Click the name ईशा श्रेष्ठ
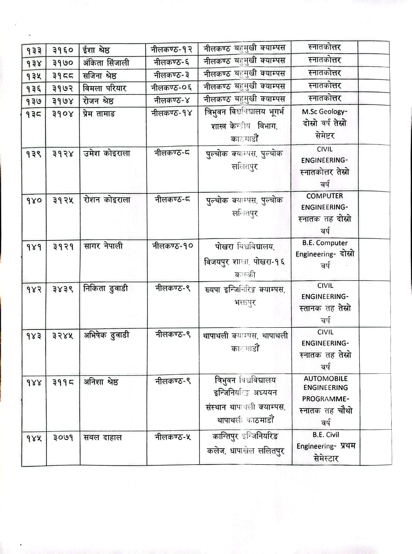click(96, 50)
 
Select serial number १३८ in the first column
click(34, 114)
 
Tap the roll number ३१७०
click(63, 63)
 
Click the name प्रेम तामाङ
click(99, 114)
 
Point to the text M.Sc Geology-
click(325, 112)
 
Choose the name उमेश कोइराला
click(107, 153)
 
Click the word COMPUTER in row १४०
click(325, 196)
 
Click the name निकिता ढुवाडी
click(106, 288)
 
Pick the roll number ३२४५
click(63, 336)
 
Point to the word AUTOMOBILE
click(326, 379)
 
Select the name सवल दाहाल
click(103, 438)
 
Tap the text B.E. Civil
click(325, 435)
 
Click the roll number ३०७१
click(63, 438)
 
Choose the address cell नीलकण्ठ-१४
click(172, 113)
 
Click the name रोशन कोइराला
click(107, 200)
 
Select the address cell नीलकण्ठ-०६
click(172, 88)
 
